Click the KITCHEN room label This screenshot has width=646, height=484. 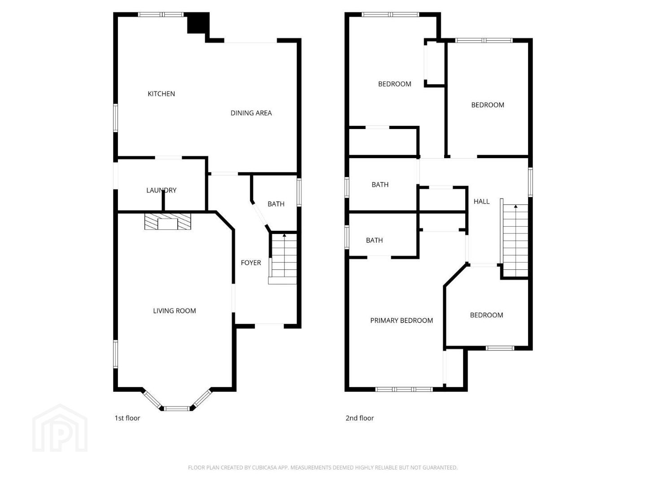161,94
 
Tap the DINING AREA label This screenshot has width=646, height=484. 251,113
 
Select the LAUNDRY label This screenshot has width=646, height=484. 161,190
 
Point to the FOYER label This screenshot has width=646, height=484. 251,263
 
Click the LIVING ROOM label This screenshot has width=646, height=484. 174,311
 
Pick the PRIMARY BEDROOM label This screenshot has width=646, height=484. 402,320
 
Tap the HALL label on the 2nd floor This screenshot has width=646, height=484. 481,201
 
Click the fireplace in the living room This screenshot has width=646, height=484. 167,221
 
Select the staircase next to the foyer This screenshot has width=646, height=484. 283,259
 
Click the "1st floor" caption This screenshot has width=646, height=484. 127,418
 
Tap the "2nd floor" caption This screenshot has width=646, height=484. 360,418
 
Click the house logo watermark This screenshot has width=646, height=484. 60,428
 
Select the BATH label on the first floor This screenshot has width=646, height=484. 276,204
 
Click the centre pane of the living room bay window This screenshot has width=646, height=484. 177,408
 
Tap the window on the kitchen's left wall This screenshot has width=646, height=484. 115,117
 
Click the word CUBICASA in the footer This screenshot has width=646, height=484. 263,467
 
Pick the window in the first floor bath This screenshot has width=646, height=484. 299,192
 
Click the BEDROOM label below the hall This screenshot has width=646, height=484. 486,315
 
